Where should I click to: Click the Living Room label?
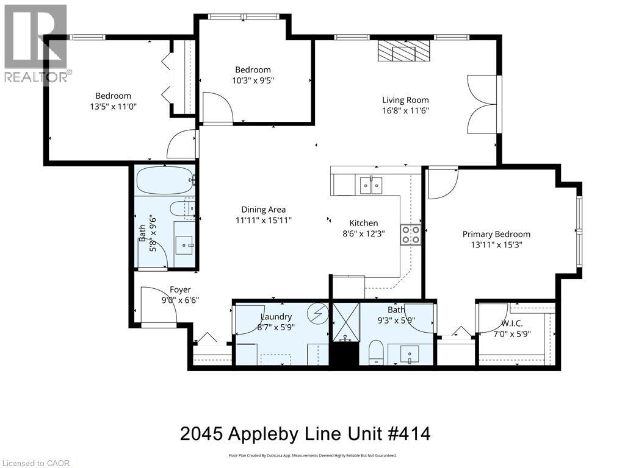(x=405, y=101)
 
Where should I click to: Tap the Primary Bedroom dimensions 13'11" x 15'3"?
(x=496, y=244)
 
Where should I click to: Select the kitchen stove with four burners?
(x=411, y=235)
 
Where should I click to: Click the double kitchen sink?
(x=371, y=185)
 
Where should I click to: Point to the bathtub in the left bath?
(x=165, y=180)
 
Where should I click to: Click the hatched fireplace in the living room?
(x=404, y=51)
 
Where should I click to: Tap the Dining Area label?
(x=264, y=210)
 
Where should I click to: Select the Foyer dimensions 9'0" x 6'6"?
(x=180, y=300)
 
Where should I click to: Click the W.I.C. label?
(x=512, y=324)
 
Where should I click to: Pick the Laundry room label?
(x=276, y=317)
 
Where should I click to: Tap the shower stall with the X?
(x=346, y=322)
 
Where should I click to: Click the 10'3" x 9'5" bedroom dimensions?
(x=253, y=80)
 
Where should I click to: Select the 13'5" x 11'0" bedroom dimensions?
(x=114, y=107)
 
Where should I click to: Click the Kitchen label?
(x=364, y=223)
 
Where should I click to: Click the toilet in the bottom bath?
(x=376, y=353)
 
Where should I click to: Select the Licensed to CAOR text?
(x=35, y=463)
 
